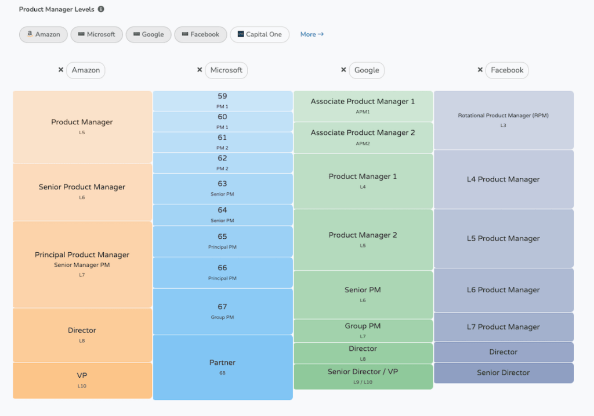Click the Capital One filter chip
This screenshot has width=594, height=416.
pyautogui.click(x=259, y=34)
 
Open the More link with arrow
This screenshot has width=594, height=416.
pyautogui.click(x=312, y=34)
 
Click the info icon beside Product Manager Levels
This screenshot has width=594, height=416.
pyautogui.click(x=101, y=9)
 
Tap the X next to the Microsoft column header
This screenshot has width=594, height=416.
pyautogui.click(x=200, y=70)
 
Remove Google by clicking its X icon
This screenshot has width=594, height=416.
pyautogui.click(x=343, y=70)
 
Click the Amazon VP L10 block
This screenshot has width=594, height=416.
pyautogui.click(x=82, y=380)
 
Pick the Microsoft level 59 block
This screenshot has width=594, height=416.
pyautogui.click(x=223, y=101)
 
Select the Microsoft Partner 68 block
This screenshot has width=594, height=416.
pyautogui.click(x=223, y=367)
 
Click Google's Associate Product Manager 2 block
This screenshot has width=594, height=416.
pyautogui.click(x=363, y=137)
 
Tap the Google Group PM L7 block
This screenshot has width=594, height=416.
pyautogui.click(x=363, y=330)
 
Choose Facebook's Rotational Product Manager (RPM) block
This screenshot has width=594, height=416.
pyautogui.click(x=504, y=120)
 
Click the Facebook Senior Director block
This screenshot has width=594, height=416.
pyautogui.click(x=504, y=372)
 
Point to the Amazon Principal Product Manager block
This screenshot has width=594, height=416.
pyautogui.click(x=82, y=264)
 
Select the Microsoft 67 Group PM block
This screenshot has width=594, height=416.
pyautogui.click(x=223, y=311)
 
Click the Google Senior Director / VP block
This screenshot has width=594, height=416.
pyautogui.click(x=363, y=376)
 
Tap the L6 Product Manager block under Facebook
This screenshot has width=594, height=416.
pyautogui.click(x=504, y=290)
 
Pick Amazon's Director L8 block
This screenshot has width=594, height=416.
pyautogui.click(x=82, y=335)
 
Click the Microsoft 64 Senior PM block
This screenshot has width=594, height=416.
pyautogui.click(x=223, y=214)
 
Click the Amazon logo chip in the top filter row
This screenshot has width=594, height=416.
pyautogui.click(x=44, y=34)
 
